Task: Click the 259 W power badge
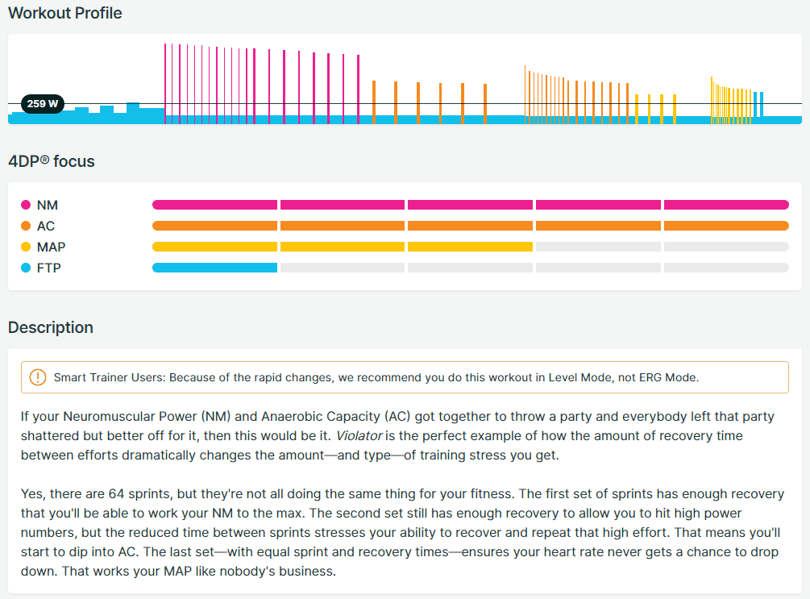point(43,104)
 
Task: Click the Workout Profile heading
point(65,14)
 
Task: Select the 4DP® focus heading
point(52,161)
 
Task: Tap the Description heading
point(51,327)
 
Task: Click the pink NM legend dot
point(26,205)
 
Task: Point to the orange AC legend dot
point(26,226)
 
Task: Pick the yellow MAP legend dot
point(26,247)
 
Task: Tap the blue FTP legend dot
point(26,268)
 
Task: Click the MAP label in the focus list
point(51,247)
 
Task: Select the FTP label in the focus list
point(48,268)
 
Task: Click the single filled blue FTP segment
point(214,268)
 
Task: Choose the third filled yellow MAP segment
point(470,247)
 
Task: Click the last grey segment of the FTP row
point(726,268)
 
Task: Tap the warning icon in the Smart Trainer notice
point(38,377)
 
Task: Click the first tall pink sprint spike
point(165,81)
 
